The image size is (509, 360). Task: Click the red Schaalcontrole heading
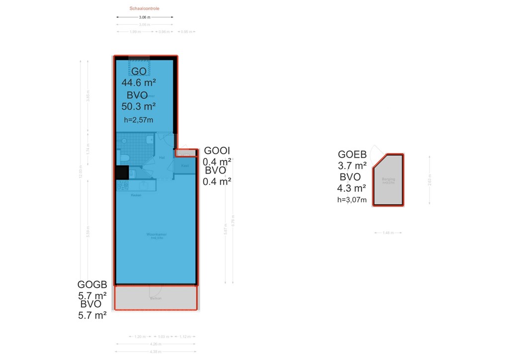coord(145,8)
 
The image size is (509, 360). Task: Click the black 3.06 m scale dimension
coord(145,17)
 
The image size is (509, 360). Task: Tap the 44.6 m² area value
coord(139,83)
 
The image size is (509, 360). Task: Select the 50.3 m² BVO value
coord(139,106)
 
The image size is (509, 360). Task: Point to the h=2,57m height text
coord(138,119)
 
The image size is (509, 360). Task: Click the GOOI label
coord(217,151)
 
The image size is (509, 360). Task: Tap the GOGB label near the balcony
coord(92,285)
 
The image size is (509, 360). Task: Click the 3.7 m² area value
coord(352,166)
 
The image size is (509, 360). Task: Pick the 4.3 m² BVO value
coord(352,188)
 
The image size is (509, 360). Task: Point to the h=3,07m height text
coord(352,200)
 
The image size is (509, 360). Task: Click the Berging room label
coord(388,179)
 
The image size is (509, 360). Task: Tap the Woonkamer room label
coord(156,234)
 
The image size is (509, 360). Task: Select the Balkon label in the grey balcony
coord(156,298)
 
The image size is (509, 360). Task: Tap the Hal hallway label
coord(162,158)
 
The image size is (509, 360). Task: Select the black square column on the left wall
coord(121,172)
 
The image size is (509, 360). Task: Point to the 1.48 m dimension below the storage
coord(388,233)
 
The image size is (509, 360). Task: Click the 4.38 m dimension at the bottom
coord(156,352)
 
